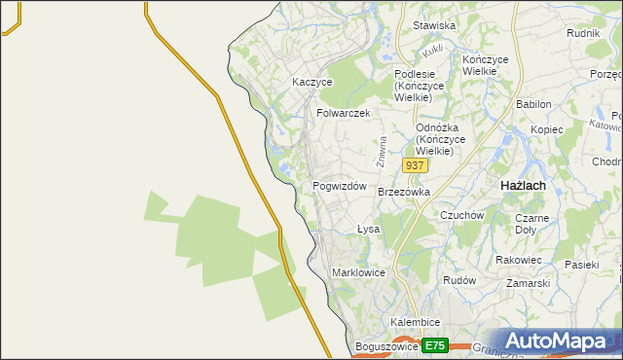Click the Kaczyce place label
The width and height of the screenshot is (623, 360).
(x=312, y=83)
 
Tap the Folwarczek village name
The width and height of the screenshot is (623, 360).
(x=344, y=113)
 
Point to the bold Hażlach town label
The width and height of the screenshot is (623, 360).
(x=522, y=185)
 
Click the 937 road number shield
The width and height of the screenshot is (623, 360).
(x=415, y=165)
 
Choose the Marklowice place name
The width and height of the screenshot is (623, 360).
(x=359, y=272)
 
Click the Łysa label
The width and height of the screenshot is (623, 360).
(x=368, y=230)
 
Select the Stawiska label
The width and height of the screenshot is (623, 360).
(x=434, y=25)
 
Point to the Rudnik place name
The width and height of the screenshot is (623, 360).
(x=582, y=32)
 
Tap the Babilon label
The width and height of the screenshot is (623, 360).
(x=533, y=104)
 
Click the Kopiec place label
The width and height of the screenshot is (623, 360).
(x=547, y=129)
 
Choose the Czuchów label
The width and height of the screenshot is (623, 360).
(x=462, y=215)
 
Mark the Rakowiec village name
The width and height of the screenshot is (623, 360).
(x=518, y=260)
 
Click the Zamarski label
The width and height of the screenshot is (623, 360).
(x=529, y=283)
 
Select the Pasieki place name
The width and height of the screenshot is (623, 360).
(x=582, y=264)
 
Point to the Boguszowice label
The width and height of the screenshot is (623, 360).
(x=386, y=346)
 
